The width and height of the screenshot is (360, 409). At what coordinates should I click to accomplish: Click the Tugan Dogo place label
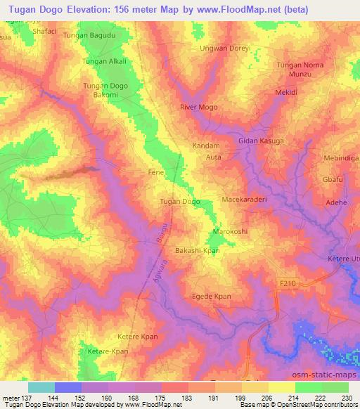[180, 202]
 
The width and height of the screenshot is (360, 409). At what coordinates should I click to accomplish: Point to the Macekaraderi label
[245, 200]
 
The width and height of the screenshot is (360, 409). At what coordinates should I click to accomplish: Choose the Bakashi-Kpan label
[198, 250]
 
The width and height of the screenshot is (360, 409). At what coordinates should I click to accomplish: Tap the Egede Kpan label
[212, 297]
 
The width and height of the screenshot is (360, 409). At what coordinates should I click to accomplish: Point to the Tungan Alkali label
[105, 61]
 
